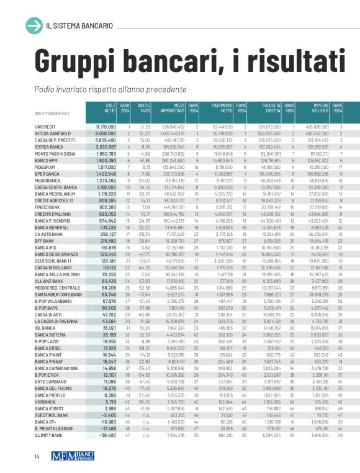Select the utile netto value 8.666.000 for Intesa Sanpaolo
point(106,133)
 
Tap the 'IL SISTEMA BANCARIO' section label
point(79,25)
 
